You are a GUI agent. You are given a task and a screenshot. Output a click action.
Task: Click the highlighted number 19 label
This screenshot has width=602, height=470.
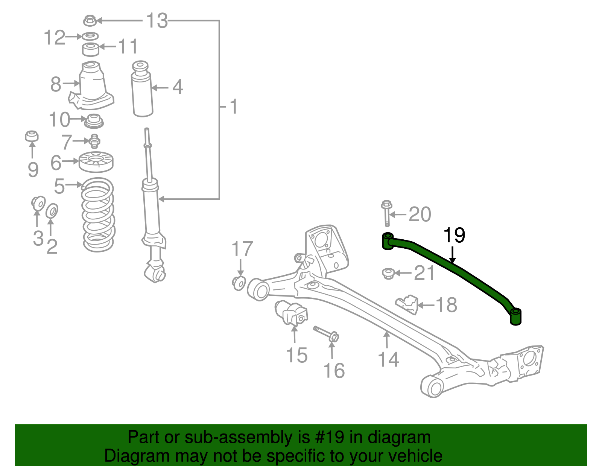[454, 236]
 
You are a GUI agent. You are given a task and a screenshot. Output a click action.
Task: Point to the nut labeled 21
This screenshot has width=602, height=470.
[388, 273]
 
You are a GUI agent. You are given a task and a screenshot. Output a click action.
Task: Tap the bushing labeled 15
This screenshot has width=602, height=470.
[291, 313]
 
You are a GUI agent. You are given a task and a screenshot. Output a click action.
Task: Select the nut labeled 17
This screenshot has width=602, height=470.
[239, 283]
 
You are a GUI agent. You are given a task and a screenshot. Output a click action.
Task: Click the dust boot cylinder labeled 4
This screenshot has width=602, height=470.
[142, 90]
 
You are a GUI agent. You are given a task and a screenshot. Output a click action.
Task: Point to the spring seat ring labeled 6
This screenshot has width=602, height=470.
[96, 162]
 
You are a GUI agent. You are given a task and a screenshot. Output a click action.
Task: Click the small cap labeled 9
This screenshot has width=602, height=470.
[32, 136]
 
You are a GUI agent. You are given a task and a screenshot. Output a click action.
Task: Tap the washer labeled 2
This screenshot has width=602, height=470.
[52, 211]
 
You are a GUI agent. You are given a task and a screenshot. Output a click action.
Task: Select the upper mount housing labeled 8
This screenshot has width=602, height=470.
[91, 86]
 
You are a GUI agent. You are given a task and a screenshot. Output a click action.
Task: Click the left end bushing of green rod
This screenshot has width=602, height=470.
[388, 241]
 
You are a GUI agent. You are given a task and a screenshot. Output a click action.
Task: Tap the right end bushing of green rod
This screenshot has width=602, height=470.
[516, 316]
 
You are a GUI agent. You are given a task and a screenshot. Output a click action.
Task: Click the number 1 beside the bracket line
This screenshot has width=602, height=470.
[234, 107]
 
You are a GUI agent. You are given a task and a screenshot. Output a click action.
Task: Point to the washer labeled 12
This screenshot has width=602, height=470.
[90, 36]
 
